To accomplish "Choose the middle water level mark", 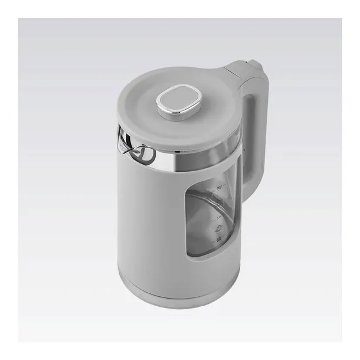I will (x=219, y=216).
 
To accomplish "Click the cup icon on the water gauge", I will (x=219, y=227).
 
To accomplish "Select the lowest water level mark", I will (x=219, y=238).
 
